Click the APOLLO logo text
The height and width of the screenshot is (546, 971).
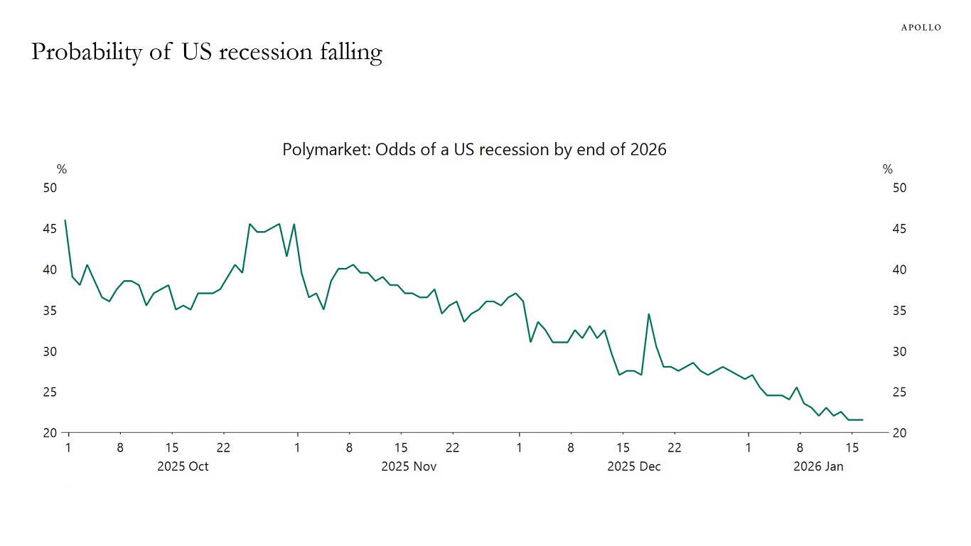tap(921, 27)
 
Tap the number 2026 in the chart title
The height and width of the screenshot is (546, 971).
tap(648, 150)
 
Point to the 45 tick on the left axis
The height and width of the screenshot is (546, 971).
tap(50, 229)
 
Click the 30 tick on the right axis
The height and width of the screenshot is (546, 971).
tap(899, 352)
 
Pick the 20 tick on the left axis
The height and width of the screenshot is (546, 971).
tap(50, 434)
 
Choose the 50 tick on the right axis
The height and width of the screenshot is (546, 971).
tap(899, 188)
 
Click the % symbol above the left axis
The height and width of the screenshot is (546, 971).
tap(62, 169)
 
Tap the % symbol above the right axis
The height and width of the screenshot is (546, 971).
tap(887, 169)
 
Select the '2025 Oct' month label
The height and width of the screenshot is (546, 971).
tap(183, 467)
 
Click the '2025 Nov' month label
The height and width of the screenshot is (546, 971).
tap(409, 467)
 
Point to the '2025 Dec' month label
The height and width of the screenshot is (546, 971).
tap(634, 467)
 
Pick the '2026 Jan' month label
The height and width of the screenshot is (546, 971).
tap(818, 467)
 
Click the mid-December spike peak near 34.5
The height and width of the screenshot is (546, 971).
tap(648, 314)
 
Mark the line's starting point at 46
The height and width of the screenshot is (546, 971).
tap(65, 220)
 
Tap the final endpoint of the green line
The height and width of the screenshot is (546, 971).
tap(862, 419)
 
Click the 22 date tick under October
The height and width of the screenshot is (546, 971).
tap(223, 448)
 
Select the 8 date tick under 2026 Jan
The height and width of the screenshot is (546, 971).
tap(800, 448)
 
